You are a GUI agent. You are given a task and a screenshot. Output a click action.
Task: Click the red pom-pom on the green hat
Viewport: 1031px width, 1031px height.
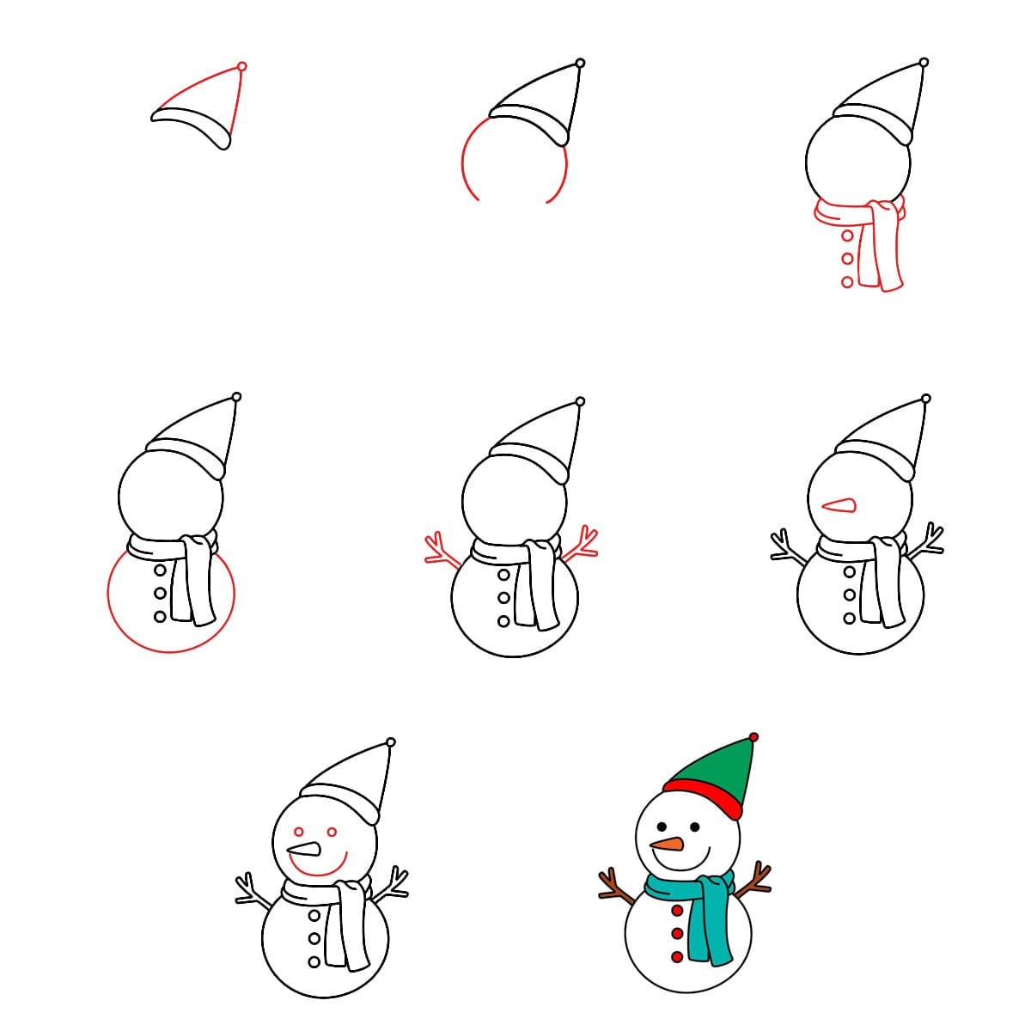pyautogui.click(x=753, y=737)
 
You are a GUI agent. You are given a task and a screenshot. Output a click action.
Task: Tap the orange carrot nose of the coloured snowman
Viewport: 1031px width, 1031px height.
pyautogui.click(x=668, y=844)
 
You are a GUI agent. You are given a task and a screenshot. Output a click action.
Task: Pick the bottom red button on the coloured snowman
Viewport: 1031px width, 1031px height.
pyautogui.click(x=677, y=956)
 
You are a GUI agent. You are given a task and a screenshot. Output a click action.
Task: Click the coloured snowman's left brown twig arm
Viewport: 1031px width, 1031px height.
pyautogui.click(x=615, y=890)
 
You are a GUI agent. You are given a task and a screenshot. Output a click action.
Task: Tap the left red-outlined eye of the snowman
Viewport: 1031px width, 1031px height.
pyautogui.click(x=299, y=832)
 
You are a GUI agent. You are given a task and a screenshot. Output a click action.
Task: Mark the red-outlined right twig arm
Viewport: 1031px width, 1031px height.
pyautogui.click(x=582, y=546)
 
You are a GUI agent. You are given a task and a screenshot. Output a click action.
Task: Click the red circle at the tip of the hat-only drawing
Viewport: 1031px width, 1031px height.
pyautogui.click(x=241, y=66)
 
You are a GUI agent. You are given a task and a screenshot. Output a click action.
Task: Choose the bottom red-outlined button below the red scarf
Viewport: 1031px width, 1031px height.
pyautogui.click(x=847, y=281)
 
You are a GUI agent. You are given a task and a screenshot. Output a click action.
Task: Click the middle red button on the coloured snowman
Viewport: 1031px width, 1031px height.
pyautogui.click(x=677, y=933)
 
